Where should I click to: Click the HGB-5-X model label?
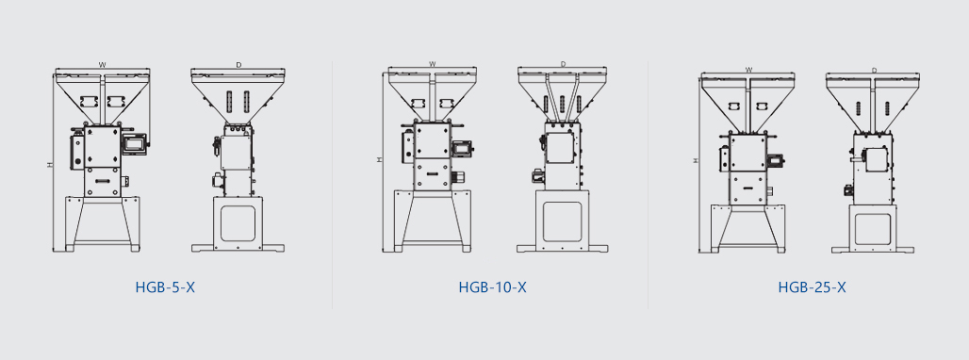coord(165,287)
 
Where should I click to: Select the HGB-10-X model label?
coord(493,287)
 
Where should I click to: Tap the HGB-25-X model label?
coord(812,287)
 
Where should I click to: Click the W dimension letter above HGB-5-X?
coord(103,63)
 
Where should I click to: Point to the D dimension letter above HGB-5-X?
coord(238,64)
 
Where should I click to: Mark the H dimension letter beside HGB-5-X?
coord(49,165)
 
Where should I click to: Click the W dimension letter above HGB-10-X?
coord(433,63)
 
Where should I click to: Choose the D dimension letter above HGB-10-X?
coord(563,63)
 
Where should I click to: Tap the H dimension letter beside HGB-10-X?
coord(379,159)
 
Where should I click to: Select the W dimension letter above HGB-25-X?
coord(749,70)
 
